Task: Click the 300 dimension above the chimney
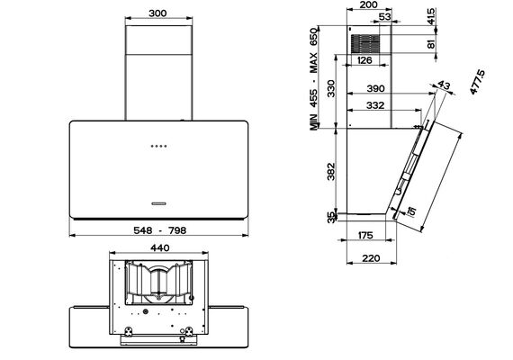157,13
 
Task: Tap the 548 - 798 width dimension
159,230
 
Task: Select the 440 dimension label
159,248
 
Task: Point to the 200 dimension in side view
368,4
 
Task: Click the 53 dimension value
385,16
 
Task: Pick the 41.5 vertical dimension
431,16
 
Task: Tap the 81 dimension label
431,44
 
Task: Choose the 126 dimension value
364,60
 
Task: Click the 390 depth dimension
375,88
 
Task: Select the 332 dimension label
375,105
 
